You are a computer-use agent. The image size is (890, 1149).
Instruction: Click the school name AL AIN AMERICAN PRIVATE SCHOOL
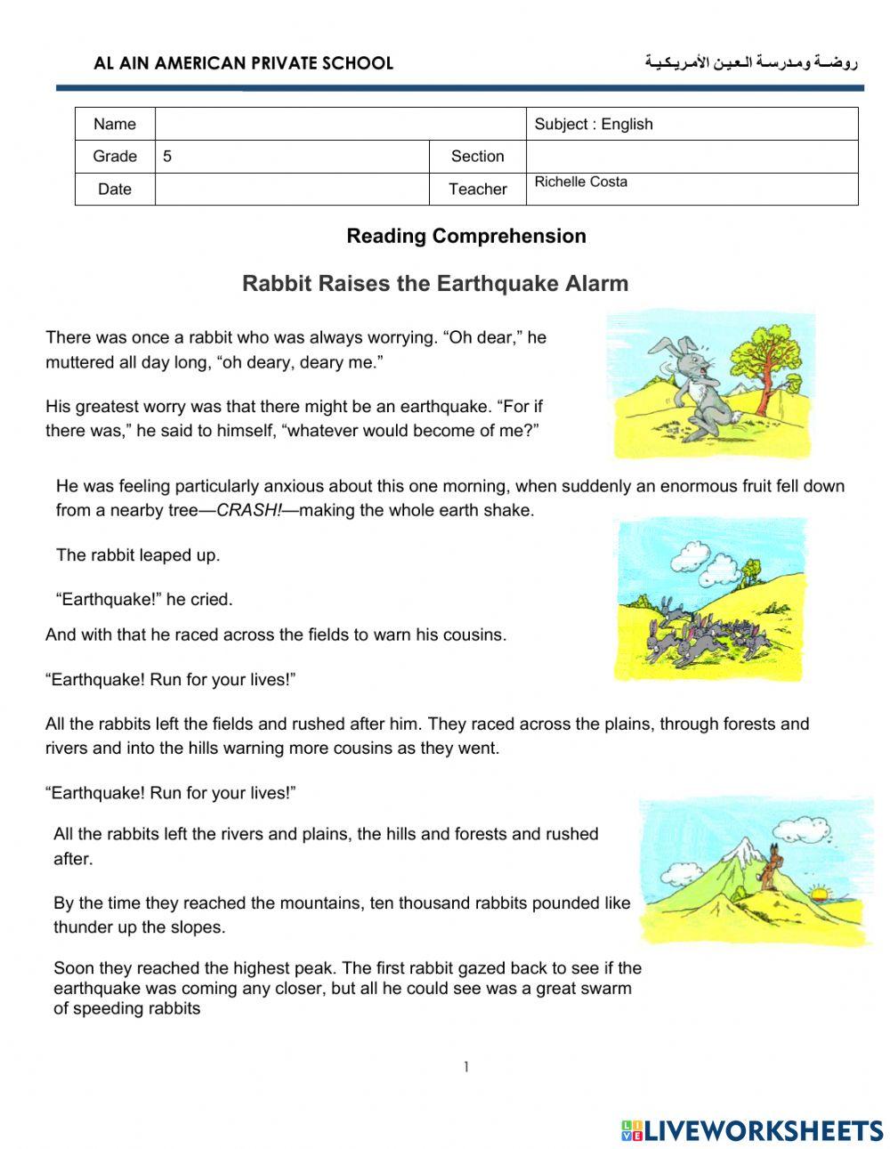(243, 63)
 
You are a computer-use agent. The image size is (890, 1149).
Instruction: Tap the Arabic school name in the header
(750, 62)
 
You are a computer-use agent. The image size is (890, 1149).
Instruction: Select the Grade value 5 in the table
(167, 157)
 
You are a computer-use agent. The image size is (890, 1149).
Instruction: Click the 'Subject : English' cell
(594, 125)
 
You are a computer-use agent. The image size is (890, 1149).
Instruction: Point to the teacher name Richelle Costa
(580, 182)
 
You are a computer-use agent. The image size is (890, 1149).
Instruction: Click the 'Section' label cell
(477, 157)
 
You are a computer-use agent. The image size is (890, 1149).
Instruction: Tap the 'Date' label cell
(115, 189)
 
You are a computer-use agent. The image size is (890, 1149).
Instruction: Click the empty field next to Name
(340, 125)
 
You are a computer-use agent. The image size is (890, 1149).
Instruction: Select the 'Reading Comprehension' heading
(465, 236)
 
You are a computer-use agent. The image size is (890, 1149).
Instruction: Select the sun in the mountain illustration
(820, 893)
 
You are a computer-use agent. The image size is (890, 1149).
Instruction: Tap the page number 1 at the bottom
(465, 1067)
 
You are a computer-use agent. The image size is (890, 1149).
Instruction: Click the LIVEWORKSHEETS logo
(752, 1130)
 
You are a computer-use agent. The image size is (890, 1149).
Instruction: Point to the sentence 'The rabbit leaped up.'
(138, 555)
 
